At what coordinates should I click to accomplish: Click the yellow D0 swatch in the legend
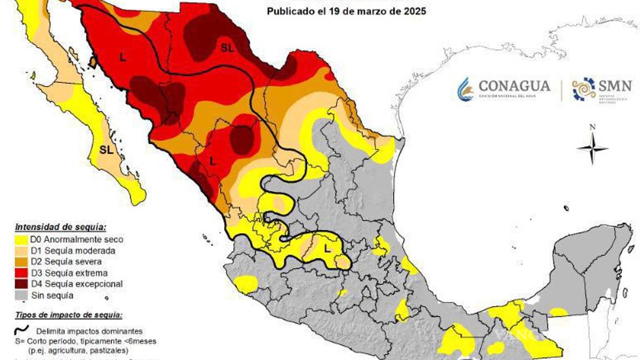coord(21,240)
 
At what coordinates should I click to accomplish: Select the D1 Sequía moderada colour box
coord(21,251)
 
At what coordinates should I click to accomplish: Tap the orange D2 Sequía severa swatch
coord(21,262)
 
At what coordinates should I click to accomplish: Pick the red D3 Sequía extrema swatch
coord(21,273)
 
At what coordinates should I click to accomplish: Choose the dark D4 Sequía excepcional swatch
coord(21,284)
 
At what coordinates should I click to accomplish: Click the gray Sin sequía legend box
coord(21,295)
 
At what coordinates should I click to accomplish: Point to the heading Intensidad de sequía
coord(61,227)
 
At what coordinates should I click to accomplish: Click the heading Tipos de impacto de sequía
coord(68,315)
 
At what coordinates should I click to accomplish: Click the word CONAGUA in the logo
coord(514,86)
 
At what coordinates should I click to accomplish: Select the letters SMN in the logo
coord(615,86)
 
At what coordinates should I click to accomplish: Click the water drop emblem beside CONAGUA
coord(465,89)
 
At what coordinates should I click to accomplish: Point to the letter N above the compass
coord(592,127)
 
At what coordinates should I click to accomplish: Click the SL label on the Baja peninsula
coord(106,149)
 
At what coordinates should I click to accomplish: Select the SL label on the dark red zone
coord(227,48)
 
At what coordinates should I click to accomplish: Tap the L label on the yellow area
coord(327,249)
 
